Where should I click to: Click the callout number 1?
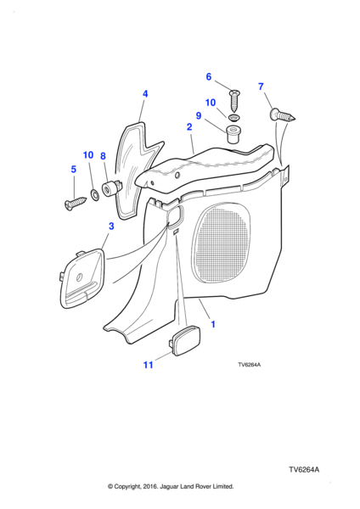tap(213, 324)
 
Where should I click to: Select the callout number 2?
tap(189, 126)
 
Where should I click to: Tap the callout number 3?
tap(111, 226)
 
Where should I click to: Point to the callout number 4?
tap(145, 94)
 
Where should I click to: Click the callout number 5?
tap(73, 169)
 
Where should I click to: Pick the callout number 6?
tap(209, 76)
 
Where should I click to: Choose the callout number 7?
tap(261, 87)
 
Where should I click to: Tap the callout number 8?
tap(103, 156)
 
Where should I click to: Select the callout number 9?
tap(198, 115)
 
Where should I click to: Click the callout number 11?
tap(148, 365)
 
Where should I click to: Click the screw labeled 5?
tap(76, 204)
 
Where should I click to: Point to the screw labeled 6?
tap(234, 100)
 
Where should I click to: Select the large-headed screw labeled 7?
tap(283, 115)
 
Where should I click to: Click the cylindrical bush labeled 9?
tap(233, 134)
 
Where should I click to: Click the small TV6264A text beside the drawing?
tap(250, 365)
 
